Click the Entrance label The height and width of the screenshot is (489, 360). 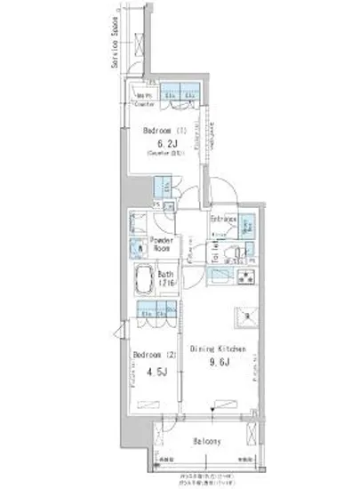223,219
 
